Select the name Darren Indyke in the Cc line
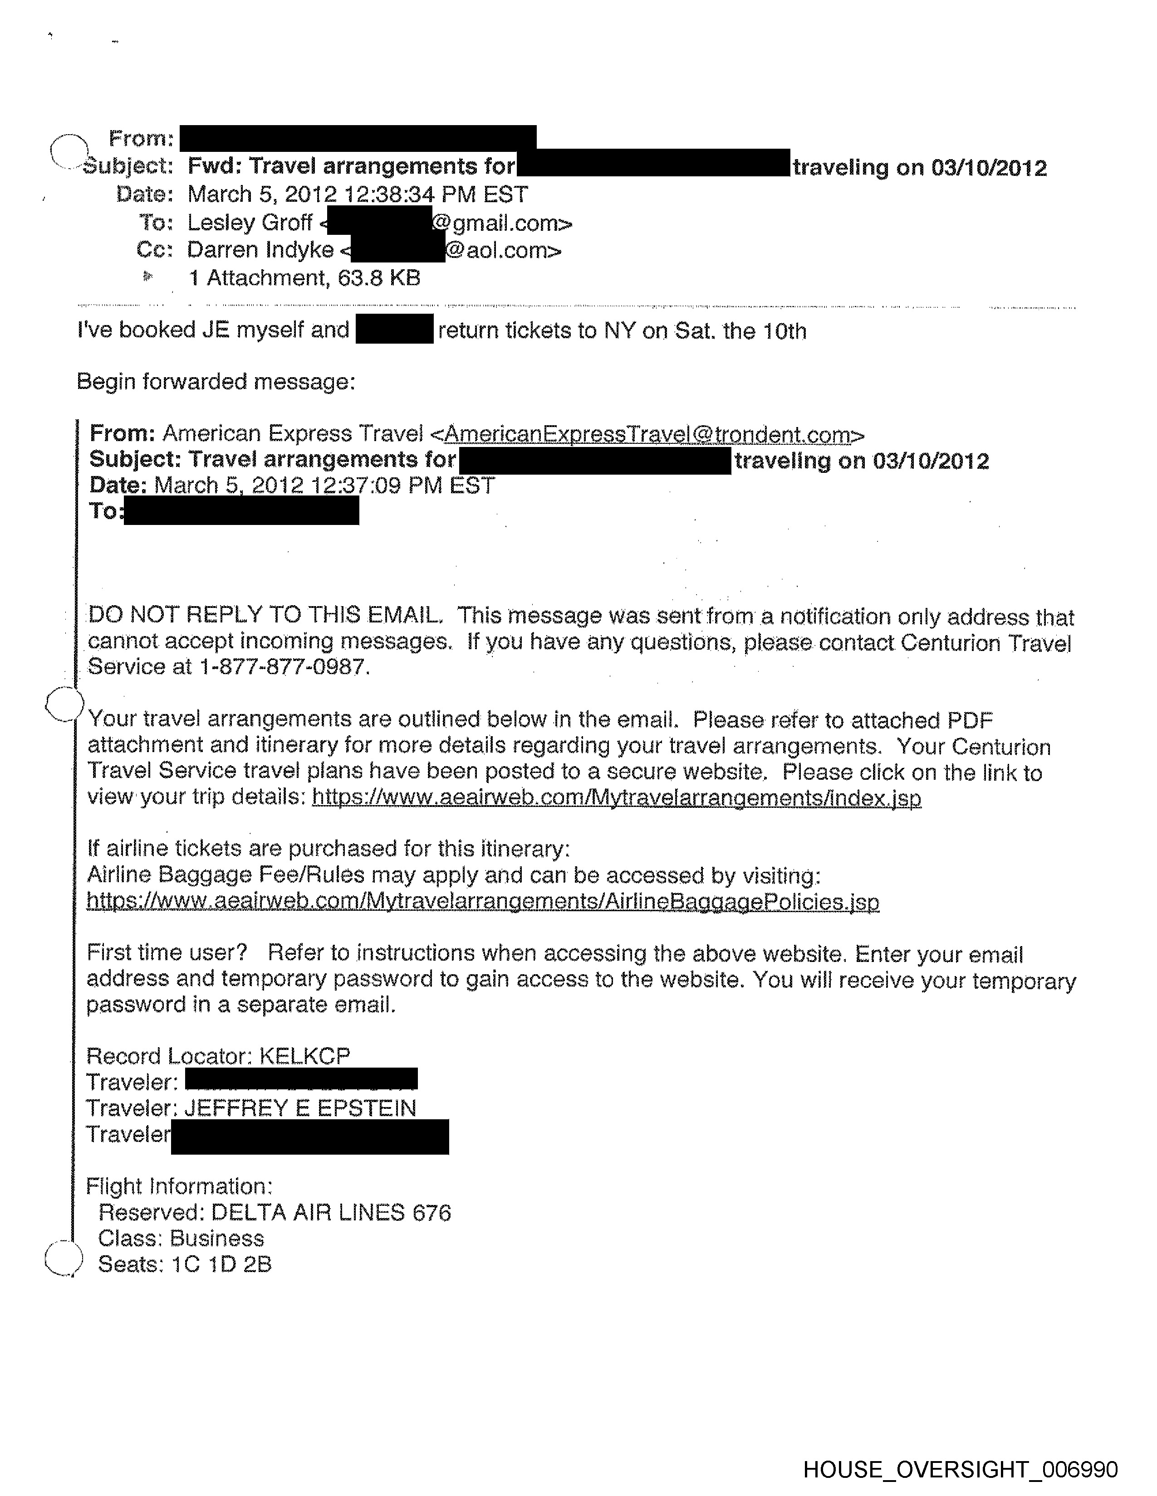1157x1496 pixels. click(260, 250)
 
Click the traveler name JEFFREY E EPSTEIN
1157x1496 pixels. click(300, 1107)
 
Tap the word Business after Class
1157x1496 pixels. click(216, 1239)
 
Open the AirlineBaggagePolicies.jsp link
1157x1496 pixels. click(483, 901)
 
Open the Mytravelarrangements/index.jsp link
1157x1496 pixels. click(616, 798)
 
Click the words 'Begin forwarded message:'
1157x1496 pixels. click(216, 382)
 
